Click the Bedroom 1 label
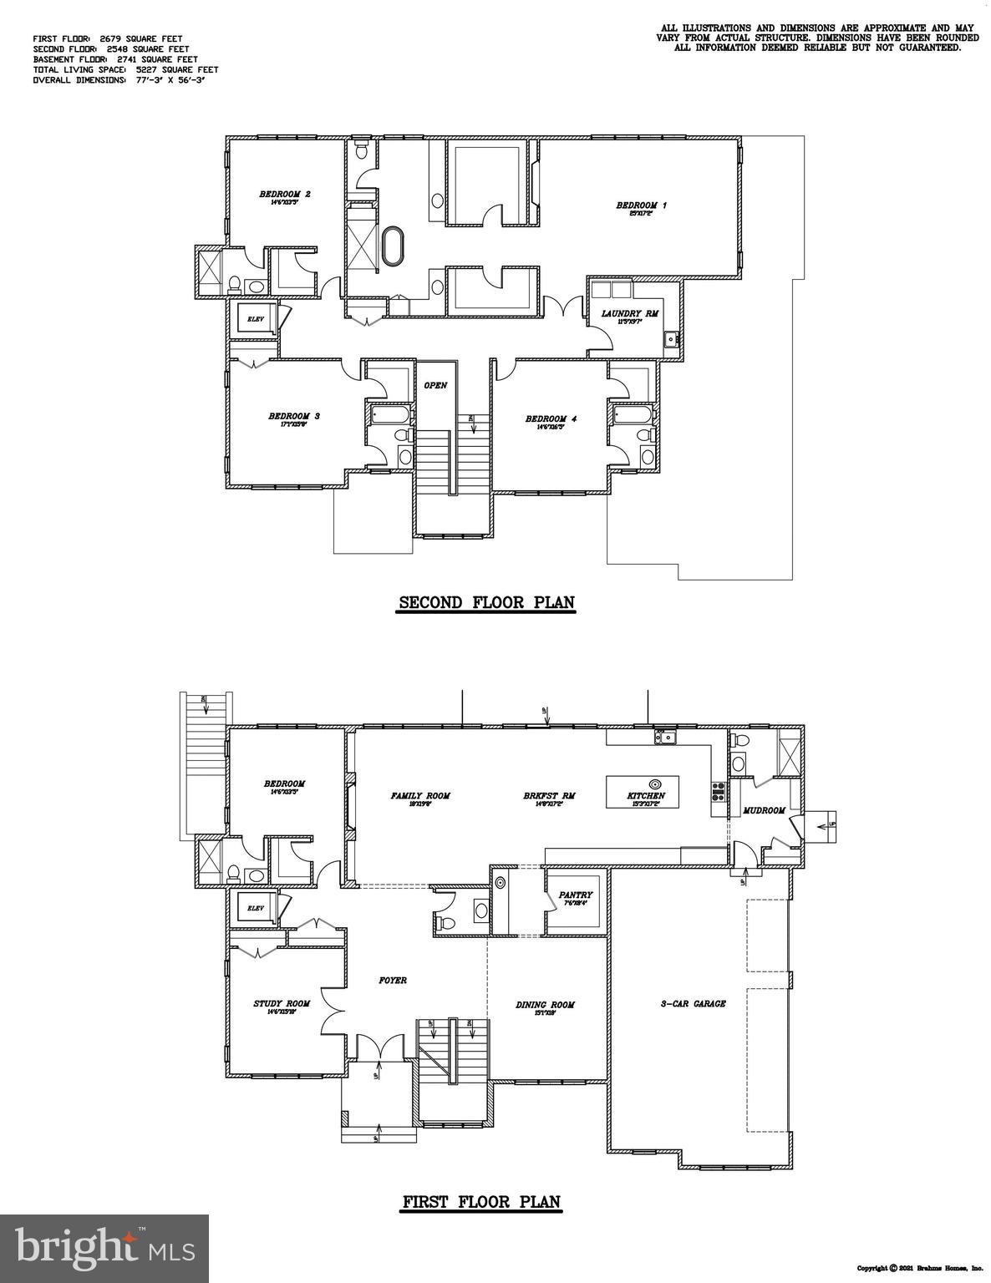(x=641, y=205)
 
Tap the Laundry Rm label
(x=630, y=314)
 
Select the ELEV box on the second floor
(x=254, y=318)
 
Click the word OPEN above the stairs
(x=435, y=386)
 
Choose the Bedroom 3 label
(x=294, y=416)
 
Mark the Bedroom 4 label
(x=551, y=419)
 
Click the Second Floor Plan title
(x=486, y=602)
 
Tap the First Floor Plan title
(x=482, y=1203)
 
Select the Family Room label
(x=420, y=796)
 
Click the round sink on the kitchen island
(x=655, y=783)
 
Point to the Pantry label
(x=575, y=895)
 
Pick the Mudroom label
(x=764, y=811)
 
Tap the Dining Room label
(x=546, y=1005)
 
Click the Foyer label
(x=393, y=980)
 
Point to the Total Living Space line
(x=125, y=70)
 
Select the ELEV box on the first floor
(x=254, y=908)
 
